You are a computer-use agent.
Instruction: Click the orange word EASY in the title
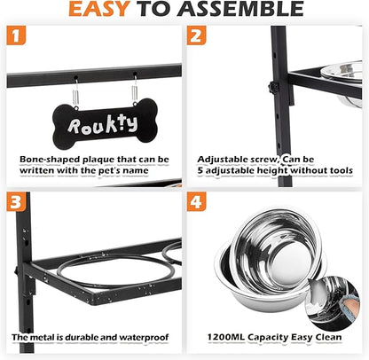pos(99,9)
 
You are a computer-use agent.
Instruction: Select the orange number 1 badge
pos(16,35)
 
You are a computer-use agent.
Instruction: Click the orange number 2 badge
pos(196,35)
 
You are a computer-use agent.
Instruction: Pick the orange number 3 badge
pos(16,201)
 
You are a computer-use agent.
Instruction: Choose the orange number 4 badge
pos(196,201)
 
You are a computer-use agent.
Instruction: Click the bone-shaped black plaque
pos(105,123)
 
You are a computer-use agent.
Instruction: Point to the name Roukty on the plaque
pos(103,124)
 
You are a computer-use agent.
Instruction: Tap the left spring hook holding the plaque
pos(76,92)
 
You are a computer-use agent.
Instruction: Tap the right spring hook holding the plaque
pos(135,89)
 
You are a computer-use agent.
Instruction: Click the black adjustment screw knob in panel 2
pos(273,87)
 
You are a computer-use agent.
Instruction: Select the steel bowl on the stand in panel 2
pos(342,82)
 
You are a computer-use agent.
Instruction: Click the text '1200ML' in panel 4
pos(226,337)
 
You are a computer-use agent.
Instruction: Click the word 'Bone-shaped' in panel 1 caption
pos(50,160)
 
